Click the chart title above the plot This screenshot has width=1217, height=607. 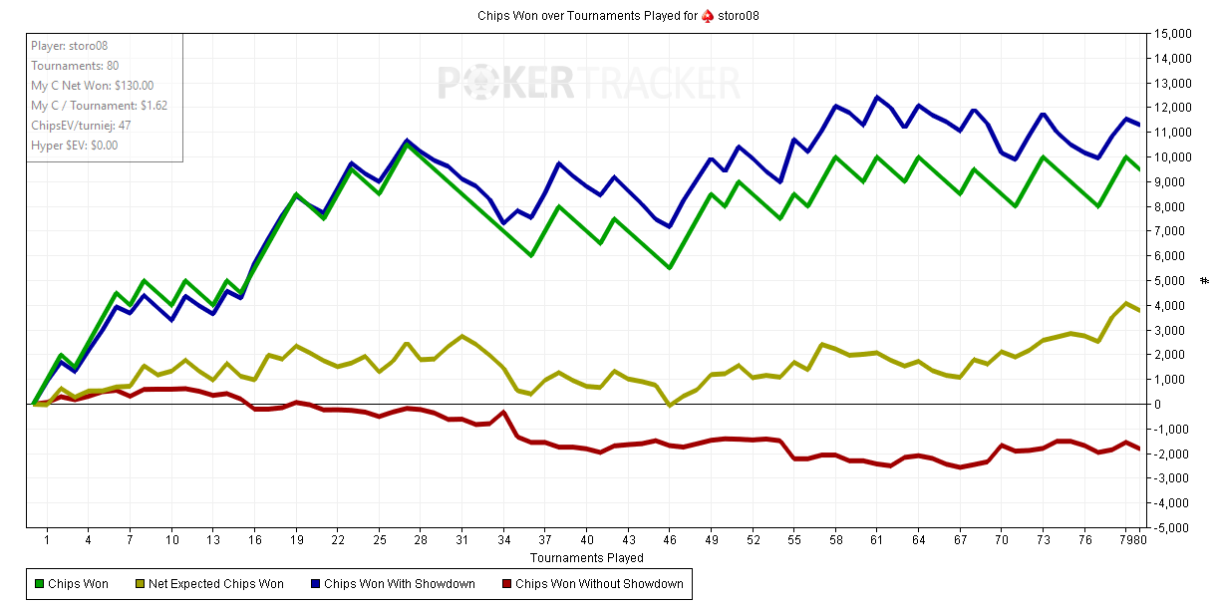click(x=618, y=16)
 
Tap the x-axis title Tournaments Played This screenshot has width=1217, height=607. click(x=586, y=558)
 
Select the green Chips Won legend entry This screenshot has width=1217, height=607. click(x=72, y=584)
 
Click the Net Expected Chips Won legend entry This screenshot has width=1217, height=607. click(x=209, y=584)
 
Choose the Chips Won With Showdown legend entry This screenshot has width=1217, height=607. click(x=393, y=584)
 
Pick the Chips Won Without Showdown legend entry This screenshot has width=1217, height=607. click(x=593, y=584)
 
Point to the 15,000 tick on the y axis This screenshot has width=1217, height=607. click(x=1172, y=34)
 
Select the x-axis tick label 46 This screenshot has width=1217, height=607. click(x=670, y=540)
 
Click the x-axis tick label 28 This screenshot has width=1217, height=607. click(x=421, y=540)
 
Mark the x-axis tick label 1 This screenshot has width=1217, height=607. click(x=47, y=540)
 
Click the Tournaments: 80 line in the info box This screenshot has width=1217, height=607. click(x=75, y=66)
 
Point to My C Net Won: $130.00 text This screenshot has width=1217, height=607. click(x=93, y=86)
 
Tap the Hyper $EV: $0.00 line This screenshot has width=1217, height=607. click(x=75, y=146)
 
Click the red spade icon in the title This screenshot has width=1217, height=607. click(x=708, y=16)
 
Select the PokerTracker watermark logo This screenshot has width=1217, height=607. click(x=589, y=83)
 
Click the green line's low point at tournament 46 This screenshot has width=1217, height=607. click(x=670, y=268)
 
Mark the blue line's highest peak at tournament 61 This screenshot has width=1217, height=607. click(x=876, y=98)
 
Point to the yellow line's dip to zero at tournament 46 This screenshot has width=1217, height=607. click(x=670, y=405)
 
